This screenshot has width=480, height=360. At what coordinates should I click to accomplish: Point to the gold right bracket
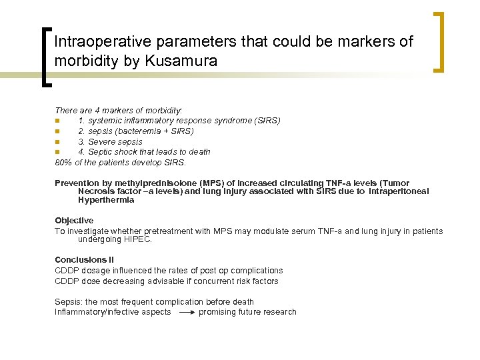click(x=441, y=41)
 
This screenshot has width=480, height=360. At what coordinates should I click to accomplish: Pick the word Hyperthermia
click(x=106, y=200)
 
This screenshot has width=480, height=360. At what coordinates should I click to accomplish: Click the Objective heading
click(x=74, y=221)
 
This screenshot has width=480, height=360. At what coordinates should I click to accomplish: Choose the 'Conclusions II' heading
click(x=84, y=260)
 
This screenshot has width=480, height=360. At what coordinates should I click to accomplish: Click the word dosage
click(x=95, y=271)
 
